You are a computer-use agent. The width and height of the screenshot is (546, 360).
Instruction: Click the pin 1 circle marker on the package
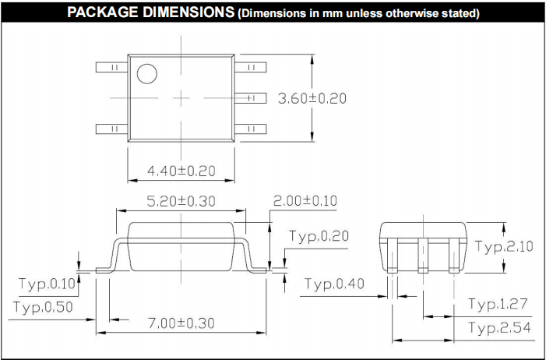(x=147, y=74)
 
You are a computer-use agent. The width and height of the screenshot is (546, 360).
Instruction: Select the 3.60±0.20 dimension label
(x=312, y=99)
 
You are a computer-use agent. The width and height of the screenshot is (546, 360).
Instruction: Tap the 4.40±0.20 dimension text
(x=181, y=171)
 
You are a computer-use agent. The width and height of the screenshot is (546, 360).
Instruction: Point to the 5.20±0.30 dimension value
(x=181, y=201)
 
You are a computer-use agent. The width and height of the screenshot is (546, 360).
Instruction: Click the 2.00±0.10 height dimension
(x=305, y=201)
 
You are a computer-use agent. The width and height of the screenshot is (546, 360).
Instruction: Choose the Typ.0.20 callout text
(x=319, y=236)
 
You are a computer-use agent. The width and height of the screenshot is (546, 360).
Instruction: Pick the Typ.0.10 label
(x=47, y=284)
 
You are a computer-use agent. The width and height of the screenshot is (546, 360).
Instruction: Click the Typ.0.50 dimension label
(x=43, y=307)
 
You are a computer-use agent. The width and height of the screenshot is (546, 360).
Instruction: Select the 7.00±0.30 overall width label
(x=181, y=323)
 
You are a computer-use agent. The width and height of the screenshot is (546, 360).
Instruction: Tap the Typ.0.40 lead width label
(x=334, y=284)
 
